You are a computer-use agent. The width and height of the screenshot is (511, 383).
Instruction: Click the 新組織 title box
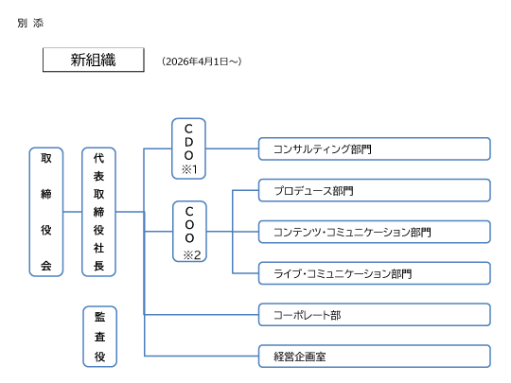[x=93, y=60]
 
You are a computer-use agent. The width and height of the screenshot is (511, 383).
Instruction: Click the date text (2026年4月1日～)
[x=202, y=61]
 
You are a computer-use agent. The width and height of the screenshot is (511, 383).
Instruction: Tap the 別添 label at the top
[x=29, y=23]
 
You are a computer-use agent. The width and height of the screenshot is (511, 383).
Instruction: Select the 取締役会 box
[x=46, y=212]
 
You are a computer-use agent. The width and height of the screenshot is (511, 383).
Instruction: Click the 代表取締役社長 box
[x=98, y=212]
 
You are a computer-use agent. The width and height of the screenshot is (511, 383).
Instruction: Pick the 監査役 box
[x=98, y=337]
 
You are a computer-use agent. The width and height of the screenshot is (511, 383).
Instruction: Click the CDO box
[x=188, y=148]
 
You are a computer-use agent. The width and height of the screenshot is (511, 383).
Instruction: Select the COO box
[x=188, y=232]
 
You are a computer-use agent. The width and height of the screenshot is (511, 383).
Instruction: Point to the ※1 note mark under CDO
[x=188, y=169]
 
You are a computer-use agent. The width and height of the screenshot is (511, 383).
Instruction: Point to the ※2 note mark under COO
[x=188, y=253]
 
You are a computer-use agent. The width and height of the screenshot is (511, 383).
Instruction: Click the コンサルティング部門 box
[x=374, y=149]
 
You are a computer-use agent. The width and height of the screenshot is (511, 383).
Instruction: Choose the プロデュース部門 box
[x=374, y=191]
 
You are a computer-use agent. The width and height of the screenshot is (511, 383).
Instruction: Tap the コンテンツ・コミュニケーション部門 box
[x=374, y=232]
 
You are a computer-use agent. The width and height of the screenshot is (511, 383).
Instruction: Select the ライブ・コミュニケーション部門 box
[x=374, y=273]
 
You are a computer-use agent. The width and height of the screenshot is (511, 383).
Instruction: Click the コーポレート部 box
[x=374, y=315]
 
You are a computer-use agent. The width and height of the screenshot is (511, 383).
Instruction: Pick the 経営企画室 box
[x=374, y=357]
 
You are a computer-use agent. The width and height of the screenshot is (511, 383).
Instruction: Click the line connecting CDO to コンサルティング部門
[x=232, y=148]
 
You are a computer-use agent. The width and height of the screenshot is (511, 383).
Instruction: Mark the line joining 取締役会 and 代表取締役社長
[x=72, y=212]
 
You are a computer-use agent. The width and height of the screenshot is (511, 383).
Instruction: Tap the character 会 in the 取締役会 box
[x=46, y=266]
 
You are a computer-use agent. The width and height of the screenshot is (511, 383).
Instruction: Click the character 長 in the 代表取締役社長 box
[x=98, y=266]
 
